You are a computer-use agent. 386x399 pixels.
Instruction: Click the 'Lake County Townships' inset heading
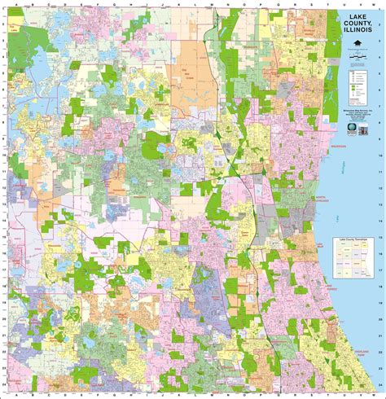(355, 243)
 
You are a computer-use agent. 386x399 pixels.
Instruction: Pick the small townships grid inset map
(355, 265)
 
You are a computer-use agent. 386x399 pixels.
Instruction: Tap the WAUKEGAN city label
(339, 149)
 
